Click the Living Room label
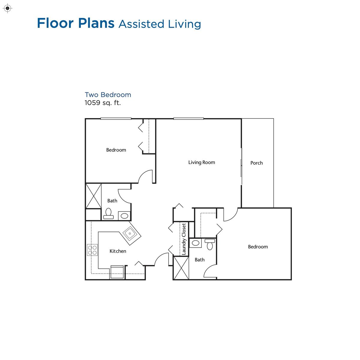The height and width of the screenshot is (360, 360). (x=202, y=163)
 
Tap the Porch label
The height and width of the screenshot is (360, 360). (x=256, y=163)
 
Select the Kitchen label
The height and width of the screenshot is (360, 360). (x=118, y=251)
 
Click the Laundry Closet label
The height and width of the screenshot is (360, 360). (x=184, y=239)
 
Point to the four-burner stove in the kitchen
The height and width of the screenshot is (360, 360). (x=92, y=250)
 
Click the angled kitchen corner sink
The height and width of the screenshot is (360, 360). (x=130, y=233)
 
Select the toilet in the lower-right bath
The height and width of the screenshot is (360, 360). (x=210, y=244)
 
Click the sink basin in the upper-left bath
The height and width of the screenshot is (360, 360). (x=124, y=216)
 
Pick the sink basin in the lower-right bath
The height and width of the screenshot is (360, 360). (x=195, y=243)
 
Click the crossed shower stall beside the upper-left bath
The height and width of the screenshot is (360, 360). (x=93, y=196)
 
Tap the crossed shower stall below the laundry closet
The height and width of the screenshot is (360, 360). (x=181, y=268)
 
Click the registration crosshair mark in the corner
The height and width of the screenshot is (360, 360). (x=7, y=8)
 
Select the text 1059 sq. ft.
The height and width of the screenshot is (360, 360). (x=103, y=103)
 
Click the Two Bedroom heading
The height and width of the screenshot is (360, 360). (x=108, y=95)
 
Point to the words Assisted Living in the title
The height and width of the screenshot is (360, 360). (x=160, y=24)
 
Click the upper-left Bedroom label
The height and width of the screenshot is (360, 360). (x=116, y=150)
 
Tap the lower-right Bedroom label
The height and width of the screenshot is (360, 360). (x=258, y=247)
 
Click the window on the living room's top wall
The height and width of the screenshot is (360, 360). (x=188, y=118)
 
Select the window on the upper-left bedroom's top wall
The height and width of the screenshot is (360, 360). (x=116, y=118)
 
